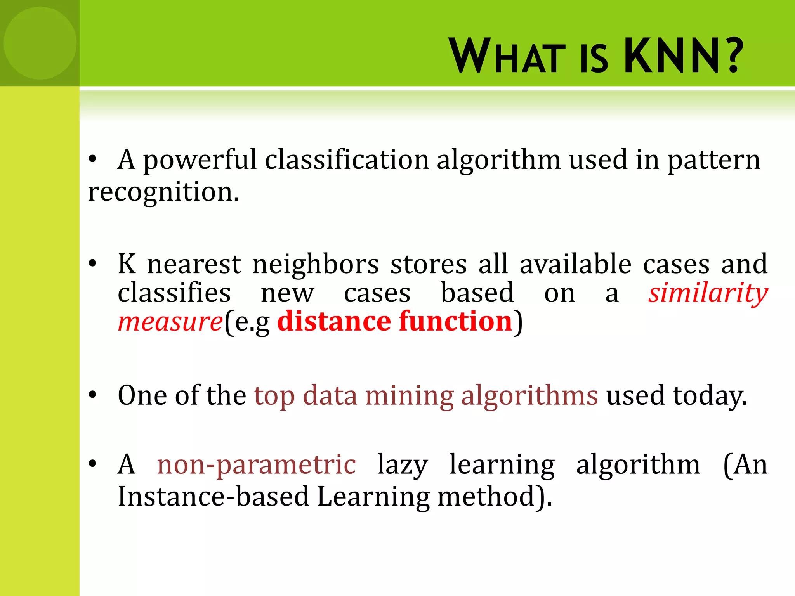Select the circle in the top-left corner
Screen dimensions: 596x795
coord(40,43)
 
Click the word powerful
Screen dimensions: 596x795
coord(200,160)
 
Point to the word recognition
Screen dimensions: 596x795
coord(163,192)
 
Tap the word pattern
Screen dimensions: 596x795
coord(713,160)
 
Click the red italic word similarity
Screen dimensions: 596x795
coord(708,293)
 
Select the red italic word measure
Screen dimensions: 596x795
coord(170,322)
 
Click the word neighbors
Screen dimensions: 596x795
coord(316,264)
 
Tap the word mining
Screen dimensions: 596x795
coord(409,396)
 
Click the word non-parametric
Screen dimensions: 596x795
coord(257,465)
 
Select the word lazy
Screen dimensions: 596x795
coord(403,465)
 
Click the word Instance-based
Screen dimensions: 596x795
coord(213,497)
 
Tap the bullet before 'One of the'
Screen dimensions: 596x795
coord(92,395)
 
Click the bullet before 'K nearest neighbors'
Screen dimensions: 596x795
coord(92,263)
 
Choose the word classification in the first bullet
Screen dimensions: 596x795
coord(347,160)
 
